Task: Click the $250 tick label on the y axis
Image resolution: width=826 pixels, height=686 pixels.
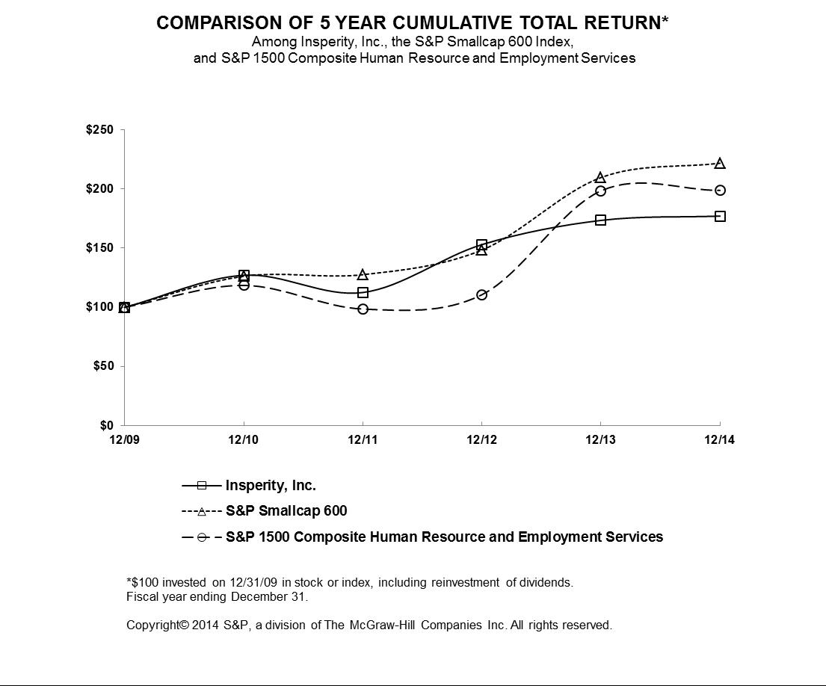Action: click(x=99, y=131)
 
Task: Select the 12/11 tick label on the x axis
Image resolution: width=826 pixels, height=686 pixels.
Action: click(x=363, y=440)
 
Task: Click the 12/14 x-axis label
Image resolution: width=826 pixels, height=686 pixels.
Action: click(x=720, y=440)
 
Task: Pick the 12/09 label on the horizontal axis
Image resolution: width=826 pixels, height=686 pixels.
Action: click(x=124, y=440)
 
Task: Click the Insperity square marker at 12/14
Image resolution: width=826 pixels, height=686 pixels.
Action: click(x=720, y=217)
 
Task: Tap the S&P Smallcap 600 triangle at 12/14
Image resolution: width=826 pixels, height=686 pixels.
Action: click(x=720, y=164)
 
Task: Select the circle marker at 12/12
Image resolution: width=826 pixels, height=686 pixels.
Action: click(x=481, y=295)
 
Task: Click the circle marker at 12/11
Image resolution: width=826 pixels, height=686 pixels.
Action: click(x=363, y=309)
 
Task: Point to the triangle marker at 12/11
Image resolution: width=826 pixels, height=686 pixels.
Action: click(x=363, y=275)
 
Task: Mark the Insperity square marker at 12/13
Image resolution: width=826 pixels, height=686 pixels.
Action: click(x=600, y=220)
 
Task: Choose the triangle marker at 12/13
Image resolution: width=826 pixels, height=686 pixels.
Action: click(x=600, y=178)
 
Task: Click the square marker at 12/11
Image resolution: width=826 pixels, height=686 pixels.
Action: click(x=363, y=293)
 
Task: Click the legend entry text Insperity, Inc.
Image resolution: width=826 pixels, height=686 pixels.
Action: click(x=271, y=486)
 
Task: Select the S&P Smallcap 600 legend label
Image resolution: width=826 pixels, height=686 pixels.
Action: click(x=286, y=511)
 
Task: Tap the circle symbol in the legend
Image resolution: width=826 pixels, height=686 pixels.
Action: click(x=202, y=537)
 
